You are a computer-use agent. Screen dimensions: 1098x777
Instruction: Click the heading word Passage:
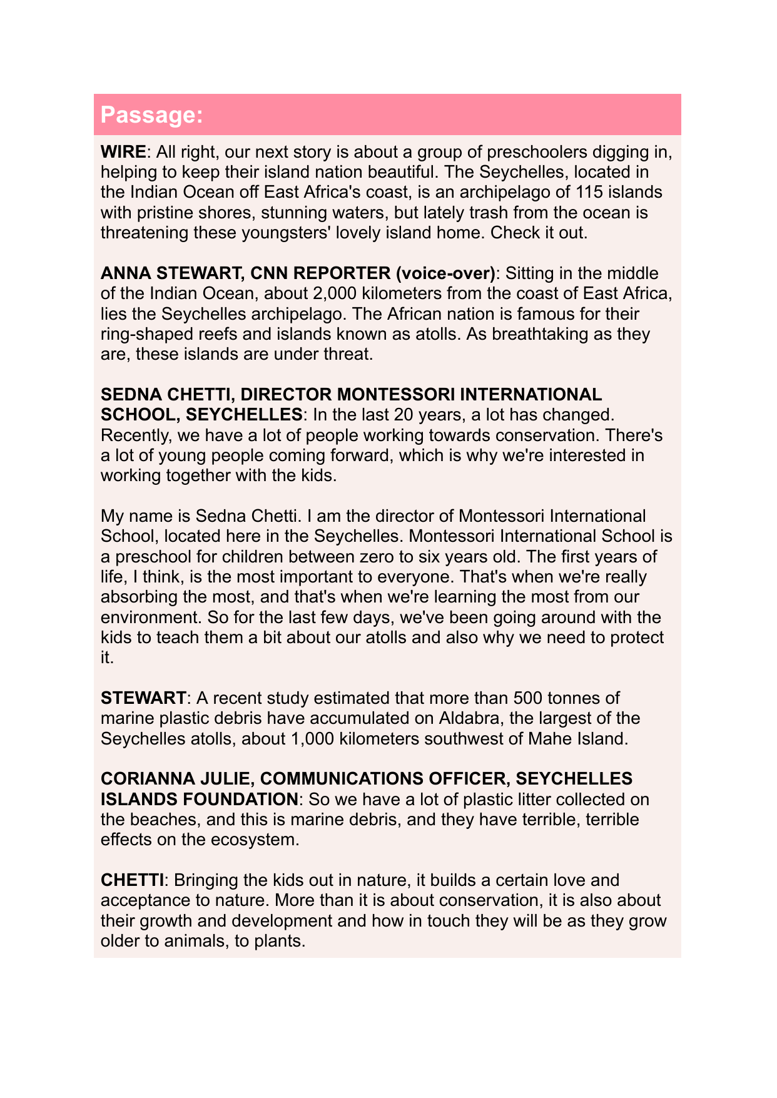(151, 115)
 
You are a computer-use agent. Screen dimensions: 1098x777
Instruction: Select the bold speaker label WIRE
(123, 152)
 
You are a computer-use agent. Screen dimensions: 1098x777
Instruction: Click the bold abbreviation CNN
(273, 273)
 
